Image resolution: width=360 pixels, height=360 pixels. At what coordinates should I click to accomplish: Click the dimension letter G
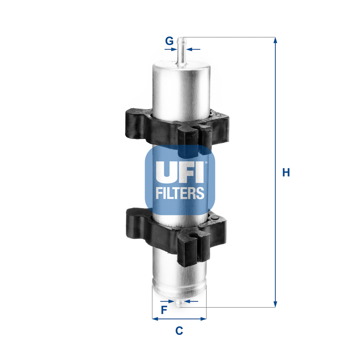pyautogui.click(x=169, y=41)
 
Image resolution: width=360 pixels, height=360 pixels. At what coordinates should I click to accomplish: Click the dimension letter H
pyautogui.click(x=286, y=172)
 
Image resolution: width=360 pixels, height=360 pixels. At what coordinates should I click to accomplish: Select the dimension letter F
pyautogui.click(x=164, y=310)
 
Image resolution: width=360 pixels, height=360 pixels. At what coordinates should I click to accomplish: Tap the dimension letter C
pyautogui.click(x=179, y=331)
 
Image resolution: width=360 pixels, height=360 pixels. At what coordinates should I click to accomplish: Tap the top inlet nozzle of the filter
pyautogui.click(x=181, y=51)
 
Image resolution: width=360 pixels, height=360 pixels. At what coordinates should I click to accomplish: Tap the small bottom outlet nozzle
pyautogui.click(x=179, y=302)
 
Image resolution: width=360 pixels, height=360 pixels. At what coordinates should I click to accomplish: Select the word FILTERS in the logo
pyautogui.click(x=180, y=193)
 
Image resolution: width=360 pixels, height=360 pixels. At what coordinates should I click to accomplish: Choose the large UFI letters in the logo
pyautogui.click(x=180, y=172)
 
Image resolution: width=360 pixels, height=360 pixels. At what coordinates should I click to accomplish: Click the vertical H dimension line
pyautogui.click(x=275, y=118)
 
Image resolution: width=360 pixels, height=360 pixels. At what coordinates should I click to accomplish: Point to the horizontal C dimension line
pyautogui.click(x=179, y=319)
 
